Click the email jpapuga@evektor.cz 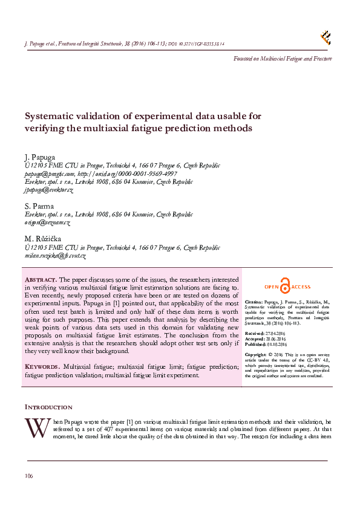tap(49, 190)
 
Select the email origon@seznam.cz tap(48, 222)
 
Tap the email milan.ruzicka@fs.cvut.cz tap(55, 256)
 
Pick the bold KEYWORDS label tap(42, 366)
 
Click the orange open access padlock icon tap(285, 287)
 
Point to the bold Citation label tap(254, 301)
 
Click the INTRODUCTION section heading tap(48, 407)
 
